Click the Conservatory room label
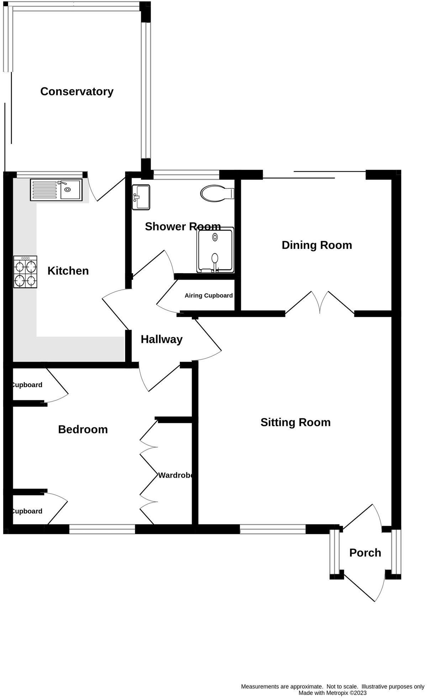pos(77,92)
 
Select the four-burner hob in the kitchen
pos(25,272)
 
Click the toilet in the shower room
pos(217,194)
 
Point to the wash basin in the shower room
pos(141,197)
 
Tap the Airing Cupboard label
pos(209,296)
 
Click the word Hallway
pos(162,339)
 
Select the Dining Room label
pos(317,245)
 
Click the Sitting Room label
pos(295,422)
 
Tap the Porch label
pos(365,553)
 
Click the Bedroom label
pos(83,429)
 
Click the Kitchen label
pos(68,271)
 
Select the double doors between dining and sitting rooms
pos(320,303)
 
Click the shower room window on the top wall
pos(186,174)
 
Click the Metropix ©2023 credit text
pos(332,693)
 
